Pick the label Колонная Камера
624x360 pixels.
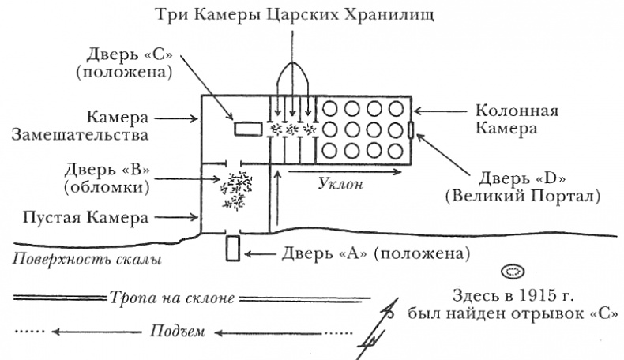517,119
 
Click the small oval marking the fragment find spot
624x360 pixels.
514,272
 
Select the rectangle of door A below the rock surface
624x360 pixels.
232,248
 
